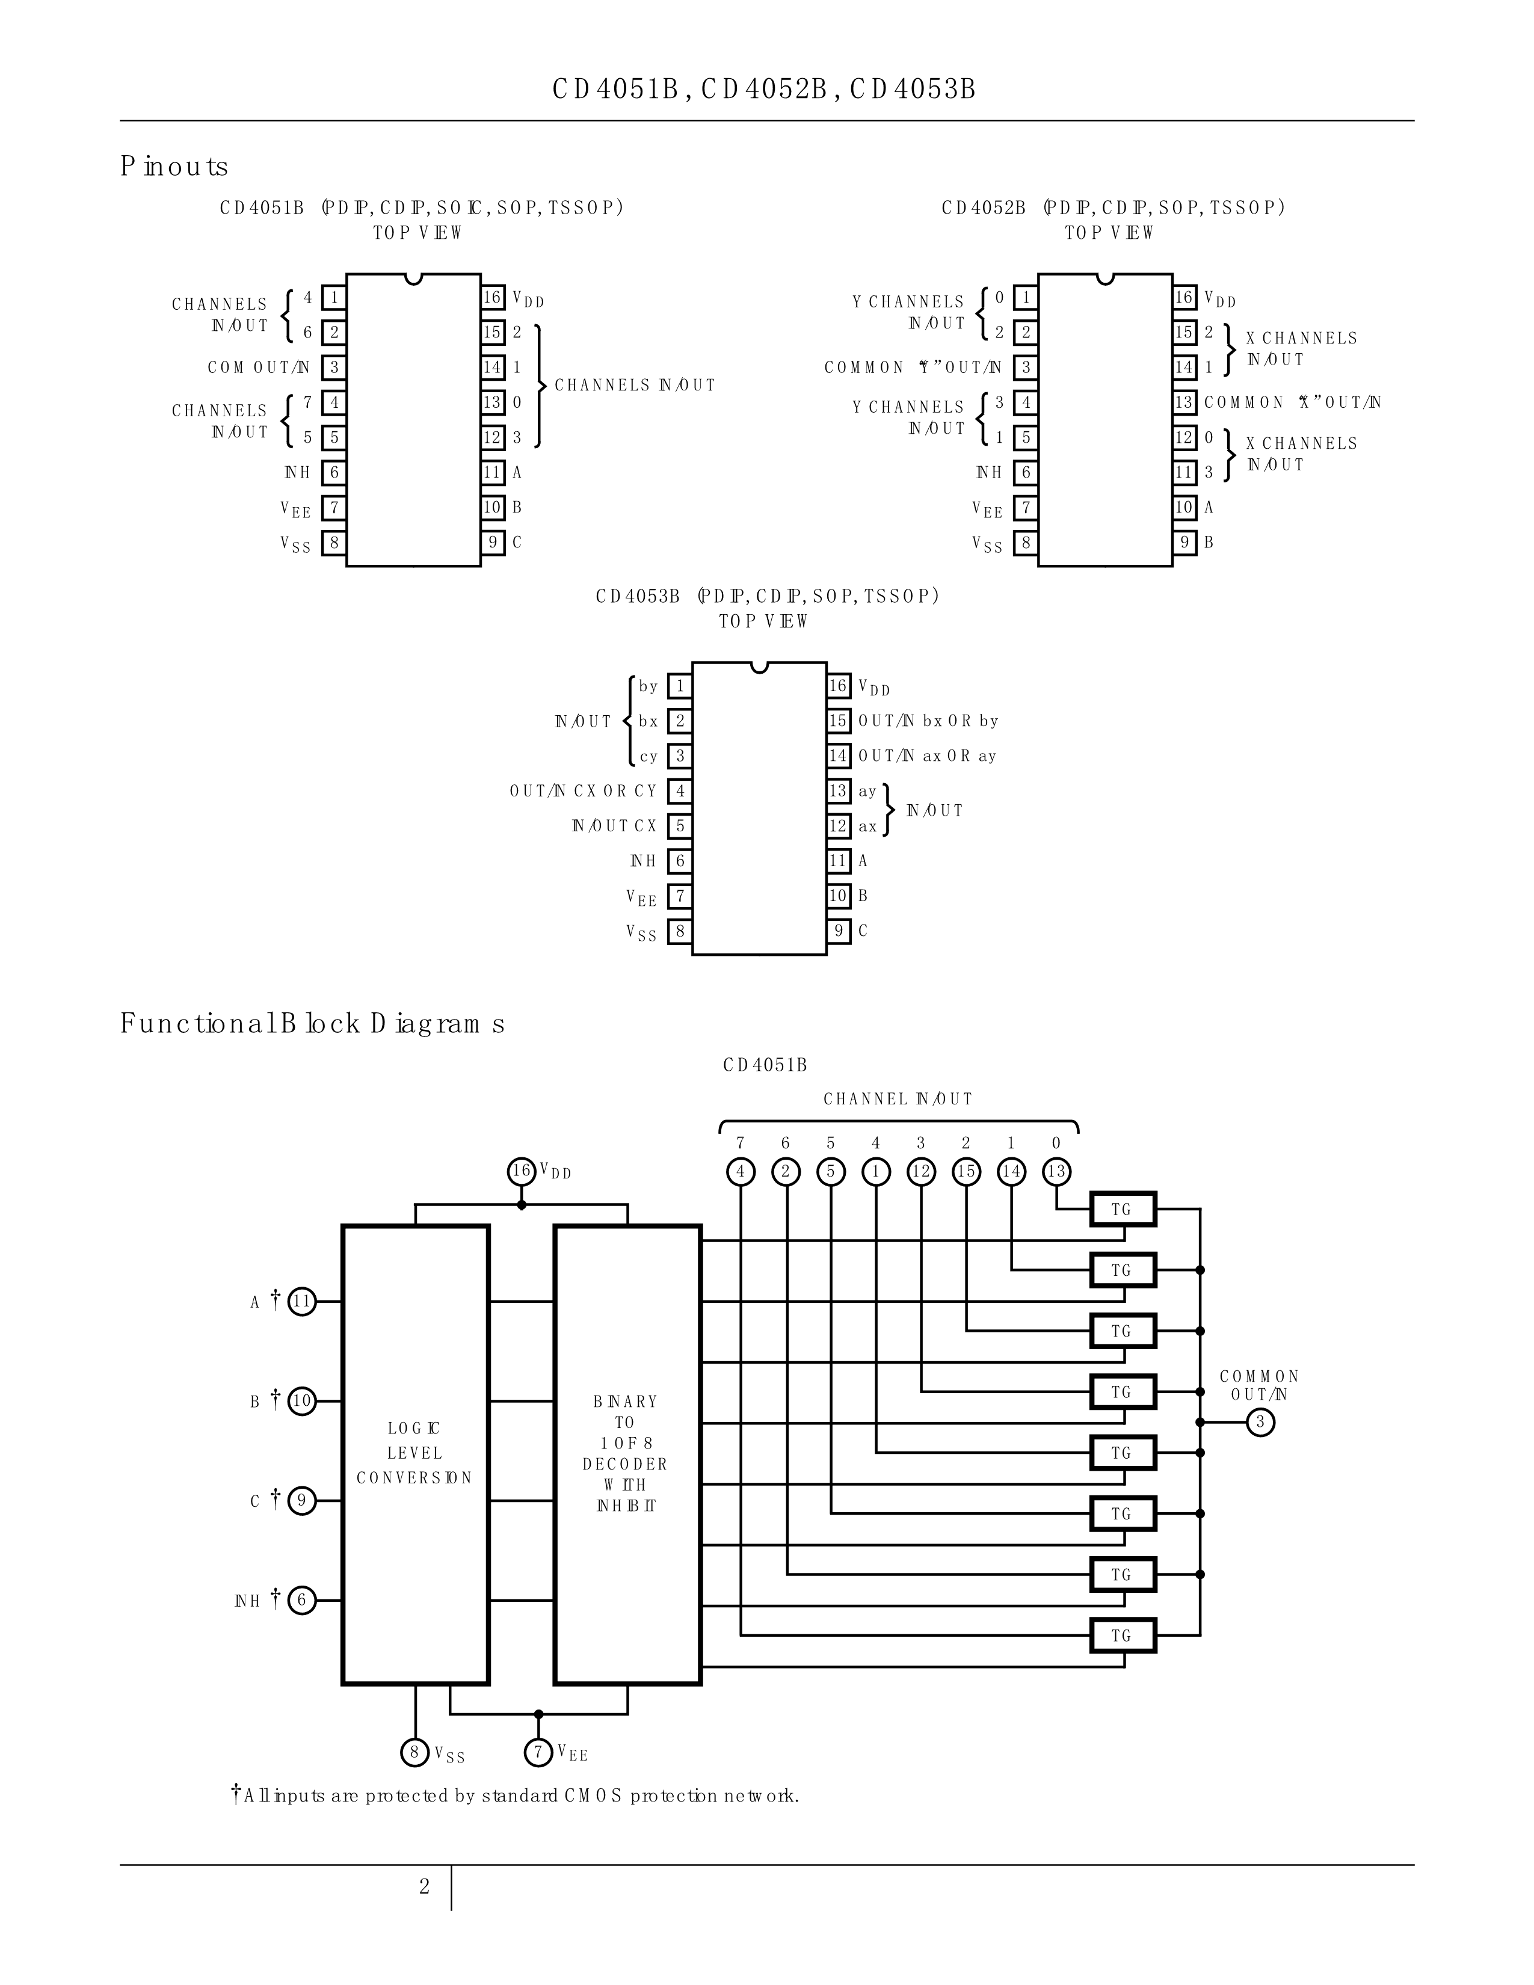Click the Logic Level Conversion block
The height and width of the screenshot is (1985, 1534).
coord(415,1454)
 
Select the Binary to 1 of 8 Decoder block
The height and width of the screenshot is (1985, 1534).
coord(627,1454)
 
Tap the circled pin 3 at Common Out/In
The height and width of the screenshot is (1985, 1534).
coord(1260,1423)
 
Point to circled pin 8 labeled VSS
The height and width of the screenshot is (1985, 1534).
coord(414,1752)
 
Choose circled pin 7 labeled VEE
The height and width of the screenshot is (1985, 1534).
coord(539,1752)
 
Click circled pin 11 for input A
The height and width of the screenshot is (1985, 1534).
coord(302,1302)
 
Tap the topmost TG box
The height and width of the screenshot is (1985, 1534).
coord(1123,1210)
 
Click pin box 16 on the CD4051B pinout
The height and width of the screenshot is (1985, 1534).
coord(493,297)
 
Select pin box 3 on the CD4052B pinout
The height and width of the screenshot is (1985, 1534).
coord(1026,367)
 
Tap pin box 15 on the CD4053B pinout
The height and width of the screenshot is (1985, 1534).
coord(838,721)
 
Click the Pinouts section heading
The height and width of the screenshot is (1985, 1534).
coord(174,167)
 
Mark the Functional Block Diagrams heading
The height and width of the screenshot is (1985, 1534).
coord(312,1024)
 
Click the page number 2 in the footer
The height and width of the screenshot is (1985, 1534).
coord(424,1887)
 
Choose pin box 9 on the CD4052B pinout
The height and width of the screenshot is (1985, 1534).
coord(1184,543)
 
